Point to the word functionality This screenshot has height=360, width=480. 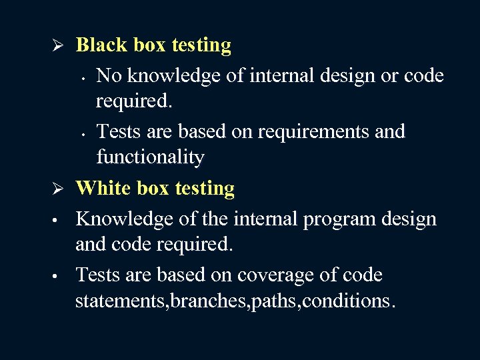150,157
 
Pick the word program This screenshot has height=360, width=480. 343,219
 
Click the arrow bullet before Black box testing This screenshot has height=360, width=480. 58,46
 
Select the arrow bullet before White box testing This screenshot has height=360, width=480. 58,189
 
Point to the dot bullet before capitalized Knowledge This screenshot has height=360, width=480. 57,220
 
